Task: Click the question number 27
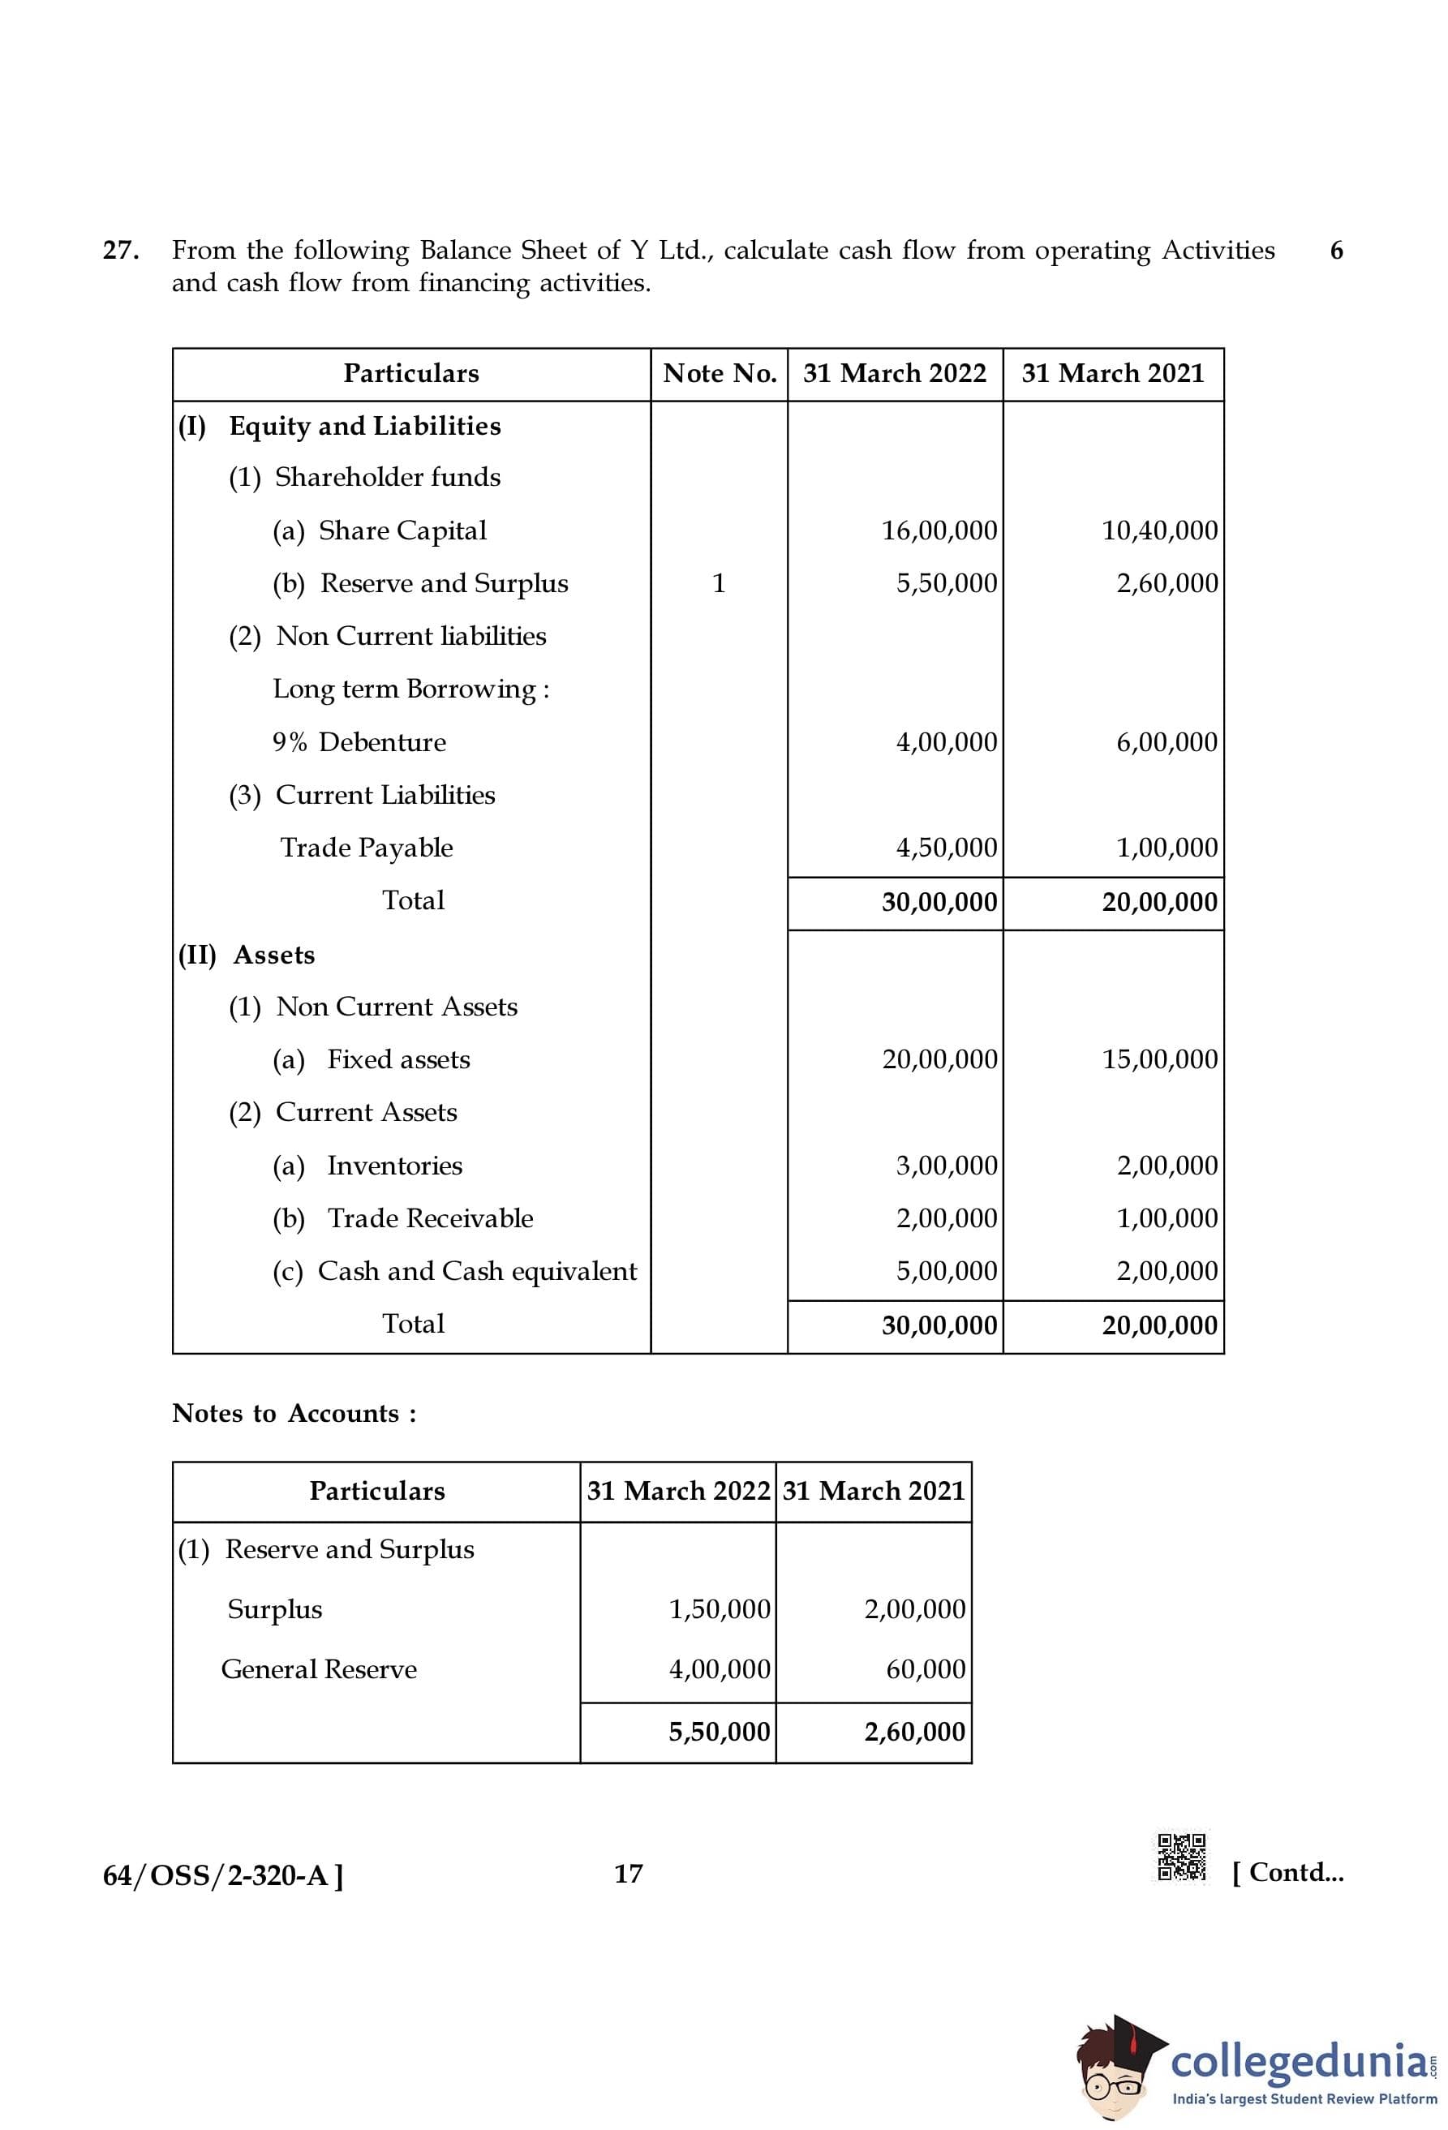(121, 250)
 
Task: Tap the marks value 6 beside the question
(1336, 250)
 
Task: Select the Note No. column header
(720, 373)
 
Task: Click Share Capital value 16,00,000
(939, 530)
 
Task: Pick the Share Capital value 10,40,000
(1159, 530)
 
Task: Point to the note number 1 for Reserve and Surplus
(719, 583)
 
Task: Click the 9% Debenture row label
(359, 741)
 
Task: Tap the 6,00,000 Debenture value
(1166, 741)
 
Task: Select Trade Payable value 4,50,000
(946, 847)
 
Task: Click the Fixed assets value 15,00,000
(1159, 1059)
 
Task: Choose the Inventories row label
(394, 1165)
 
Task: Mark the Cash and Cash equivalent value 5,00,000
(946, 1270)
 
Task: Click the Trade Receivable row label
(430, 1218)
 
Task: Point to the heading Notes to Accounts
(294, 1412)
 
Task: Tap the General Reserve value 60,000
(926, 1669)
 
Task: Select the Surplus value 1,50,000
(720, 1608)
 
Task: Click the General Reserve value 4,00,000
(720, 1669)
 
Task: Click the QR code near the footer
(1181, 1857)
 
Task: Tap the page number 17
(628, 1874)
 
